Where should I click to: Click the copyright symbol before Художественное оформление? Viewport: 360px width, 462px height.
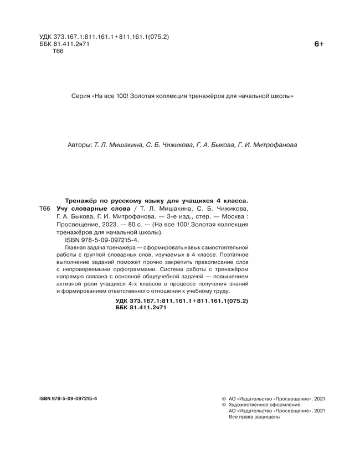click(x=223, y=404)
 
